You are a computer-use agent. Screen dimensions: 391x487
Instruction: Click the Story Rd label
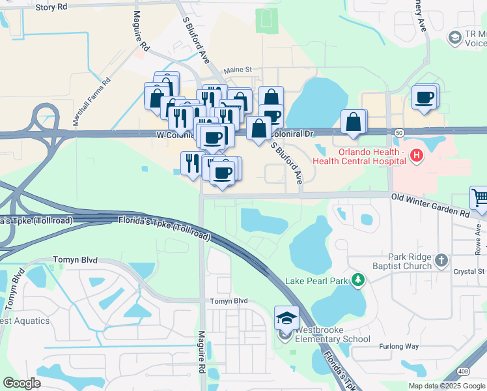(x=52, y=7)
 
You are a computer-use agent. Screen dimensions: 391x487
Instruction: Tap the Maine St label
(x=238, y=69)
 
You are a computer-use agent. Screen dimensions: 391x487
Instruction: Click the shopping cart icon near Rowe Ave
(x=479, y=197)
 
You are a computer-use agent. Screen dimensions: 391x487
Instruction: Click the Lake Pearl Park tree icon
(x=357, y=280)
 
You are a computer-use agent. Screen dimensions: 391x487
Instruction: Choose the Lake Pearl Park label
(x=316, y=281)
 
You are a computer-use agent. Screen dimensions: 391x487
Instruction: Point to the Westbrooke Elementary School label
(x=333, y=334)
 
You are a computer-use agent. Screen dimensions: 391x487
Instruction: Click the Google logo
(x=22, y=383)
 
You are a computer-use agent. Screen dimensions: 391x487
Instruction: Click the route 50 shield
(x=398, y=132)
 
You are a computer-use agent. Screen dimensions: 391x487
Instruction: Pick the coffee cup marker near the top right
(x=424, y=98)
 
